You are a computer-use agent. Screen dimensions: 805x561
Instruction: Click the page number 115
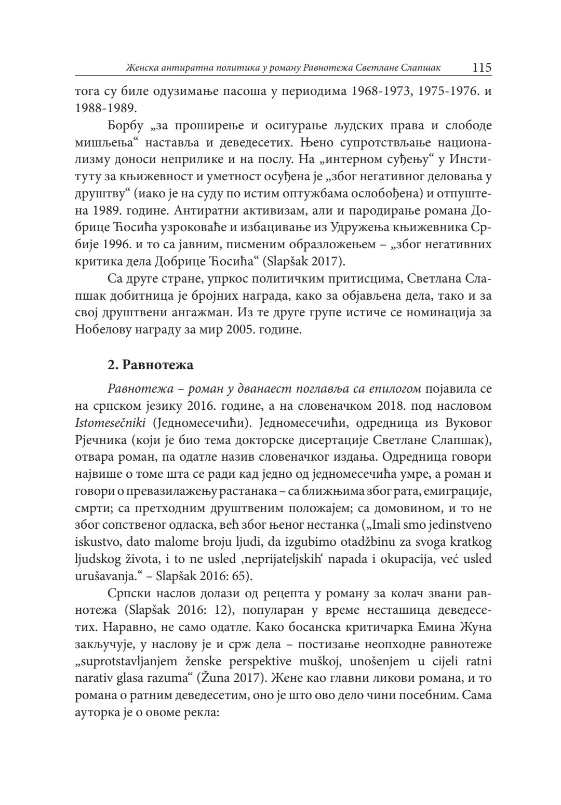(482, 68)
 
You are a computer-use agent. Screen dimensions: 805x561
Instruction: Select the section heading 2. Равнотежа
(151, 365)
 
